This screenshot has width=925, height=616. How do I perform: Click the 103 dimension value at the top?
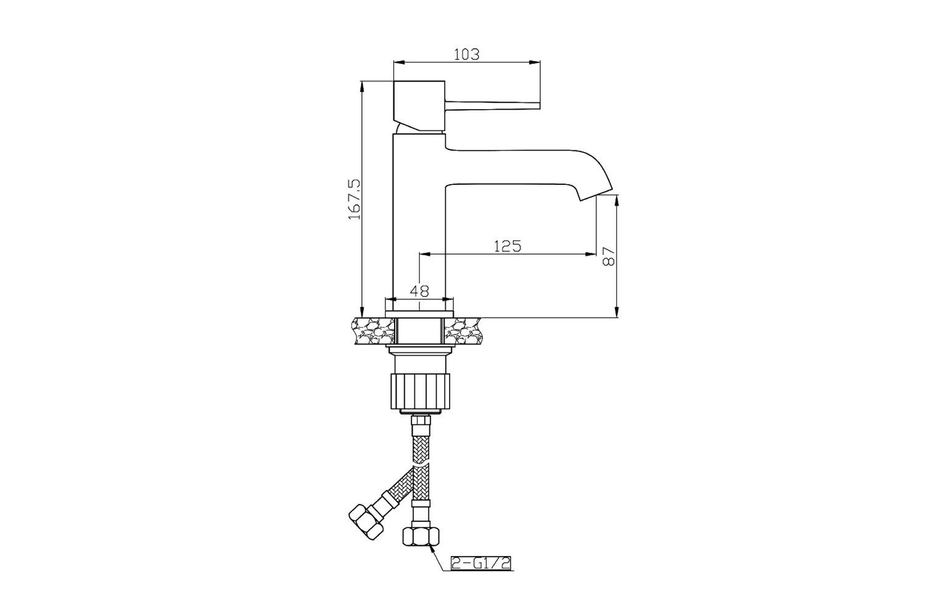pyautogui.click(x=467, y=54)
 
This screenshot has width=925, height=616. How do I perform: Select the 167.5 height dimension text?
pyautogui.click(x=355, y=199)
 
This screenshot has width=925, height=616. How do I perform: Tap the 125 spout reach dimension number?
pyautogui.click(x=508, y=246)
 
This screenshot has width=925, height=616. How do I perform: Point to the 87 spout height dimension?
pyautogui.click(x=609, y=256)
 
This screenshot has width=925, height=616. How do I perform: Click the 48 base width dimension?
pyautogui.click(x=419, y=291)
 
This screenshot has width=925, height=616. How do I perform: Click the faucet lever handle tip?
pyautogui.click(x=539, y=105)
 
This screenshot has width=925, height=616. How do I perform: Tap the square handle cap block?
pyautogui.click(x=419, y=106)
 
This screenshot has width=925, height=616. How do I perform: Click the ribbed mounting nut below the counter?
pyautogui.click(x=419, y=391)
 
